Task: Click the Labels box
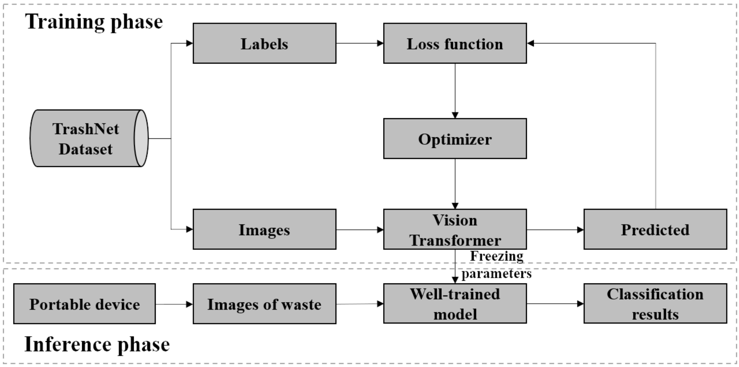[x=264, y=43]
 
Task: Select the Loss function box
[x=455, y=43]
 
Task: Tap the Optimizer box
[x=455, y=139]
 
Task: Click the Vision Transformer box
[x=455, y=229]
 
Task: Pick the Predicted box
[x=655, y=229]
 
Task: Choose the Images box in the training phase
[x=264, y=229]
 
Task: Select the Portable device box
[x=84, y=304]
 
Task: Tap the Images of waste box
[x=264, y=304]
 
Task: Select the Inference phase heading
[x=97, y=344]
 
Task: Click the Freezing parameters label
[x=496, y=264]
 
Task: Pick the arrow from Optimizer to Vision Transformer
[x=455, y=184]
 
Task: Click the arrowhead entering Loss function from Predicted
[x=531, y=43]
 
